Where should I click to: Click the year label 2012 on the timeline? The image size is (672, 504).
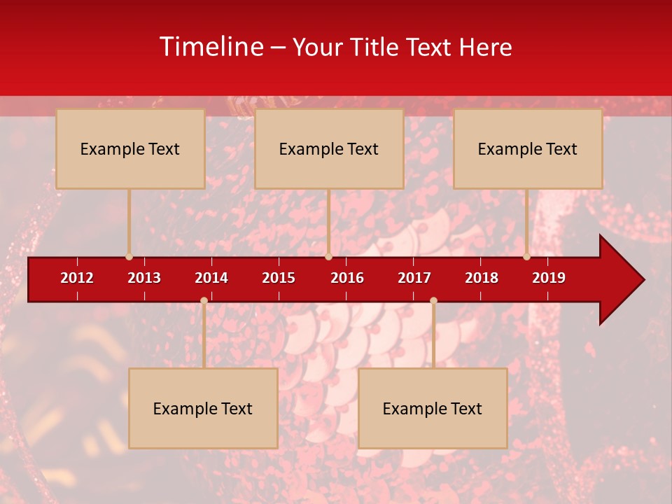(x=77, y=278)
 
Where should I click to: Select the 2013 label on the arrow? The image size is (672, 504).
(x=144, y=278)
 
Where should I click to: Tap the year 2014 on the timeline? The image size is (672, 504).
(x=211, y=278)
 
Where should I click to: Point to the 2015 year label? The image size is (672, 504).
(x=279, y=278)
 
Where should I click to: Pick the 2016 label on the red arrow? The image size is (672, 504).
(x=347, y=278)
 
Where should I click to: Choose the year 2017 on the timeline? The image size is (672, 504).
(x=414, y=278)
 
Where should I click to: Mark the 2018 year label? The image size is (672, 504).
(x=482, y=278)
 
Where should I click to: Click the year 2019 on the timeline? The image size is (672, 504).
(x=549, y=278)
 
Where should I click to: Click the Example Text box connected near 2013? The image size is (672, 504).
(x=130, y=148)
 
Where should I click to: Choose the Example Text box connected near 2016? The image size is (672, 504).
(x=329, y=148)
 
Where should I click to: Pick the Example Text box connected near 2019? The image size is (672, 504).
(x=528, y=148)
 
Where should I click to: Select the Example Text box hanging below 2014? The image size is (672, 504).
(x=203, y=408)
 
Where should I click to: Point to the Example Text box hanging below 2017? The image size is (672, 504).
(x=433, y=408)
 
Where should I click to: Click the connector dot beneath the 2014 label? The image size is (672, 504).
(x=204, y=300)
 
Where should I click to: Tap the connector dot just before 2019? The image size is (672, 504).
(x=527, y=256)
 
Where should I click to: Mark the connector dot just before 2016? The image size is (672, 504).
(x=328, y=256)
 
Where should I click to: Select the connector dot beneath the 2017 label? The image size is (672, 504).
(x=433, y=300)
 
